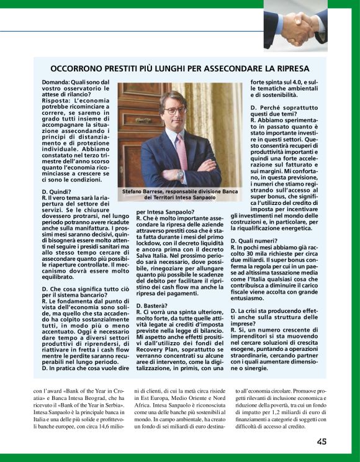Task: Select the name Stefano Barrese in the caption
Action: (x=142, y=192)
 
